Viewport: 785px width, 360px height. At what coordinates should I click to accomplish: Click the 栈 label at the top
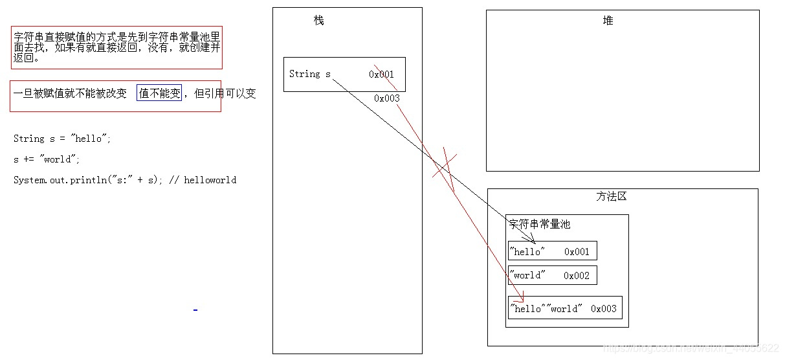point(318,21)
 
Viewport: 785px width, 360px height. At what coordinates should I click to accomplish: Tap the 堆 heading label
point(608,21)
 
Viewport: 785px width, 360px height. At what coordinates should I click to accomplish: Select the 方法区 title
point(612,196)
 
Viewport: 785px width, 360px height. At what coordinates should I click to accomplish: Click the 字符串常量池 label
point(540,224)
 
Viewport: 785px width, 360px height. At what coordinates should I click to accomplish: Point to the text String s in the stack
point(309,74)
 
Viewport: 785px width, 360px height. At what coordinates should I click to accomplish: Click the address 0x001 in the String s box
point(382,74)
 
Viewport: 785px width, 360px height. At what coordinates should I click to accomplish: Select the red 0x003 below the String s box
point(387,98)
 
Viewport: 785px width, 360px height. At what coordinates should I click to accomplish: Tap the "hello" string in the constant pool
point(527,251)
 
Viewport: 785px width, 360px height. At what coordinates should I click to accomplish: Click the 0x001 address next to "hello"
point(577,251)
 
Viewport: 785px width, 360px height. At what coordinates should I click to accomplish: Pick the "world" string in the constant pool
point(527,275)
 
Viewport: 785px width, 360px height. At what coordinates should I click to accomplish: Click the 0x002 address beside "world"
point(577,275)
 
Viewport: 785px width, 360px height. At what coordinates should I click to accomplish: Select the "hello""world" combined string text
point(546,309)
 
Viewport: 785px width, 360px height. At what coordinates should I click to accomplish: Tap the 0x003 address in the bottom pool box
point(604,309)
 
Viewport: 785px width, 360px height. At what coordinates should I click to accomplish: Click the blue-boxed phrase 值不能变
point(159,93)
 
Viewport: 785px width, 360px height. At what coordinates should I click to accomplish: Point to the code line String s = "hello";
point(62,139)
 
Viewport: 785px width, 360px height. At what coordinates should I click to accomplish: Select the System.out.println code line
point(124,180)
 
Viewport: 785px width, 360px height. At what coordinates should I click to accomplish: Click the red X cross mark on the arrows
point(445,165)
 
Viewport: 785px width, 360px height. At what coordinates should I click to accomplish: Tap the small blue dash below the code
point(195,310)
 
